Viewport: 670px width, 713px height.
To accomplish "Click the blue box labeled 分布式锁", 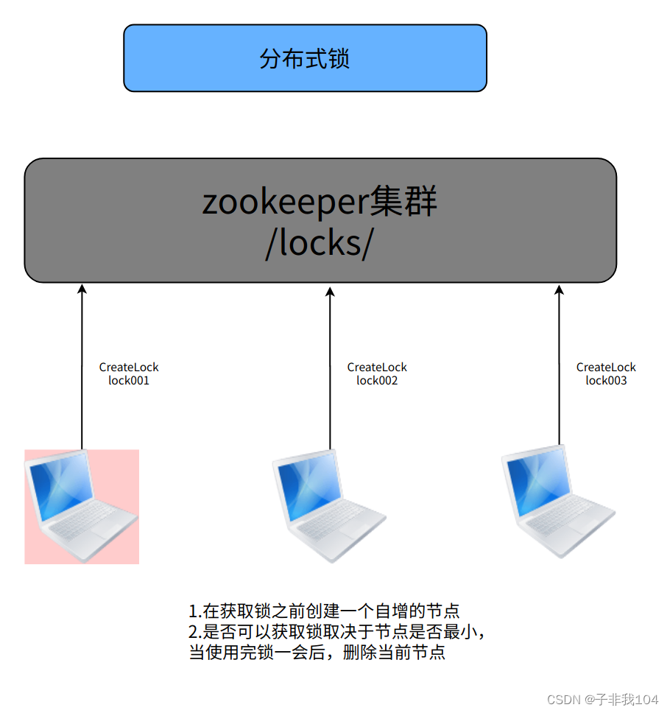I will (x=305, y=58).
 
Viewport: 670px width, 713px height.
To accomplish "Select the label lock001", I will (x=129, y=381).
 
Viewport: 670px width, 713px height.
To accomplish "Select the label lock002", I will (x=377, y=381).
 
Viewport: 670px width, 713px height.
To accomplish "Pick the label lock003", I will (x=606, y=381).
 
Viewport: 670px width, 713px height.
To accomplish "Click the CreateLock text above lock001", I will (x=129, y=368).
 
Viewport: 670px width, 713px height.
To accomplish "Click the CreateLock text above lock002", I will (x=377, y=368).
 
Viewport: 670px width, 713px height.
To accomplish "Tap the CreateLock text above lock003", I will (x=606, y=368).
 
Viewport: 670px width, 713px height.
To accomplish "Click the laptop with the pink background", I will (x=82, y=507).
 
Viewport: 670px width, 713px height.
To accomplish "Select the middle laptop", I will (x=328, y=507).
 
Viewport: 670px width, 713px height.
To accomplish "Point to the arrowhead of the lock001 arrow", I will (x=82, y=289).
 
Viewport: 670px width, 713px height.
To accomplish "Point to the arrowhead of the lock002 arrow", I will (x=330, y=289).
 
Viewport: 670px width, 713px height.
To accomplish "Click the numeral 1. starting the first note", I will (x=195, y=611).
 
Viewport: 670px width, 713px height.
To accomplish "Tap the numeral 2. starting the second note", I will (x=195, y=632).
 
